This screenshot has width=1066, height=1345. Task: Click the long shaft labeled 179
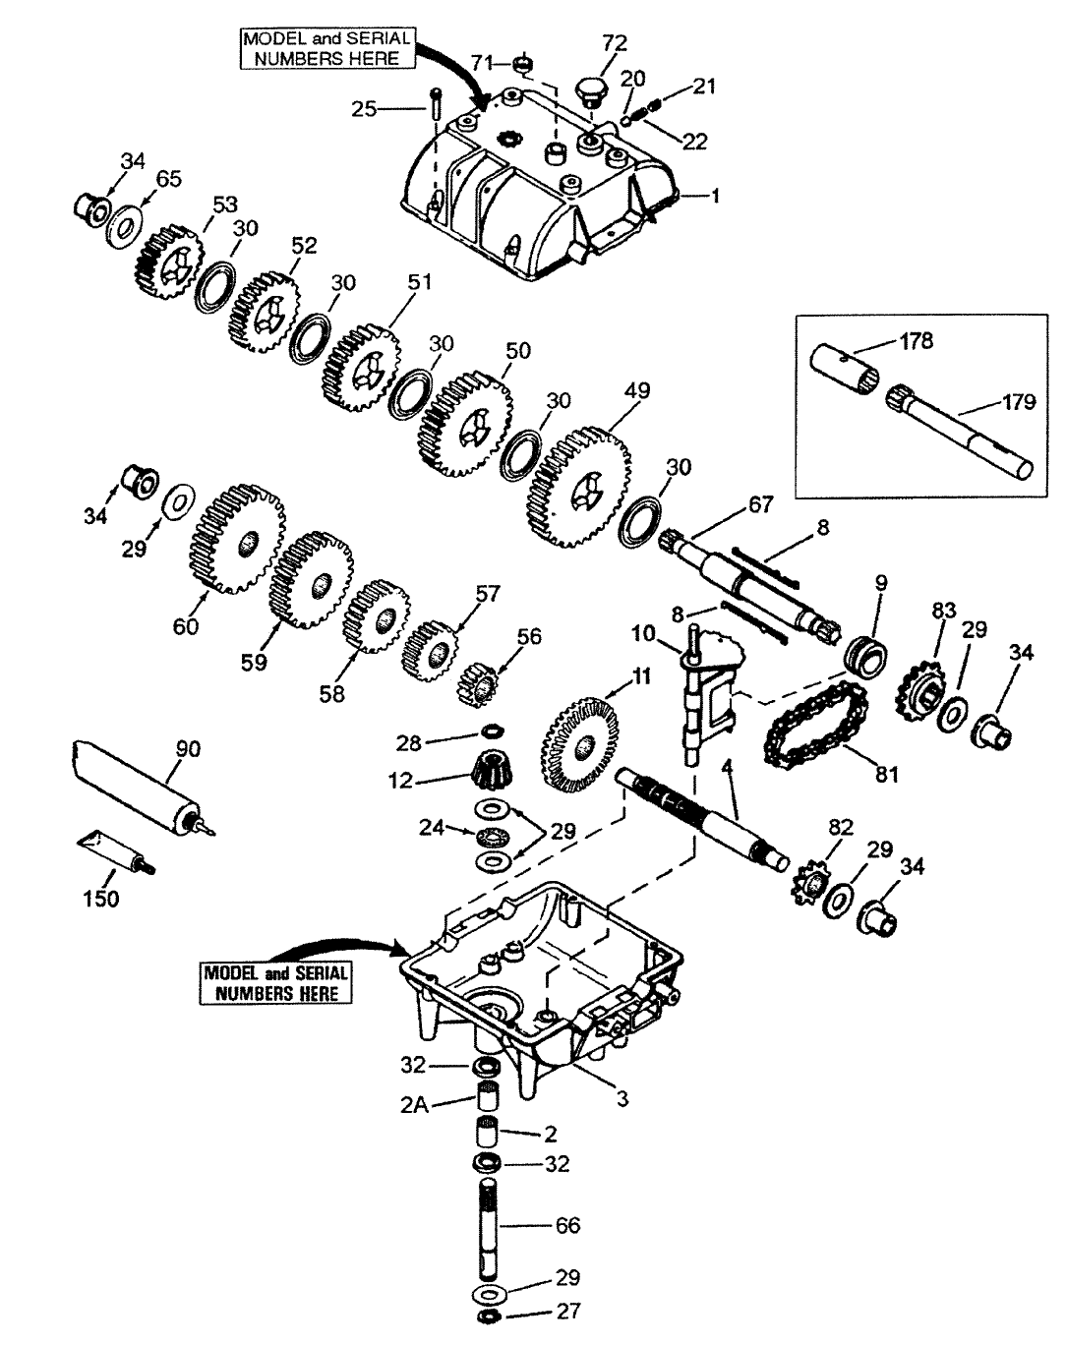pyautogui.click(x=959, y=433)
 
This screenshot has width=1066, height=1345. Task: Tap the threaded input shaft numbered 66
pyautogui.click(x=493, y=1224)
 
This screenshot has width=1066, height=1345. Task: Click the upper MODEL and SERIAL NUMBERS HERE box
pyautogui.click(x=328, y=48)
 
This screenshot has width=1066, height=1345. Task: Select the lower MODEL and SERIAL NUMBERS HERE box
pyautogui.click(x=276, y=983)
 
